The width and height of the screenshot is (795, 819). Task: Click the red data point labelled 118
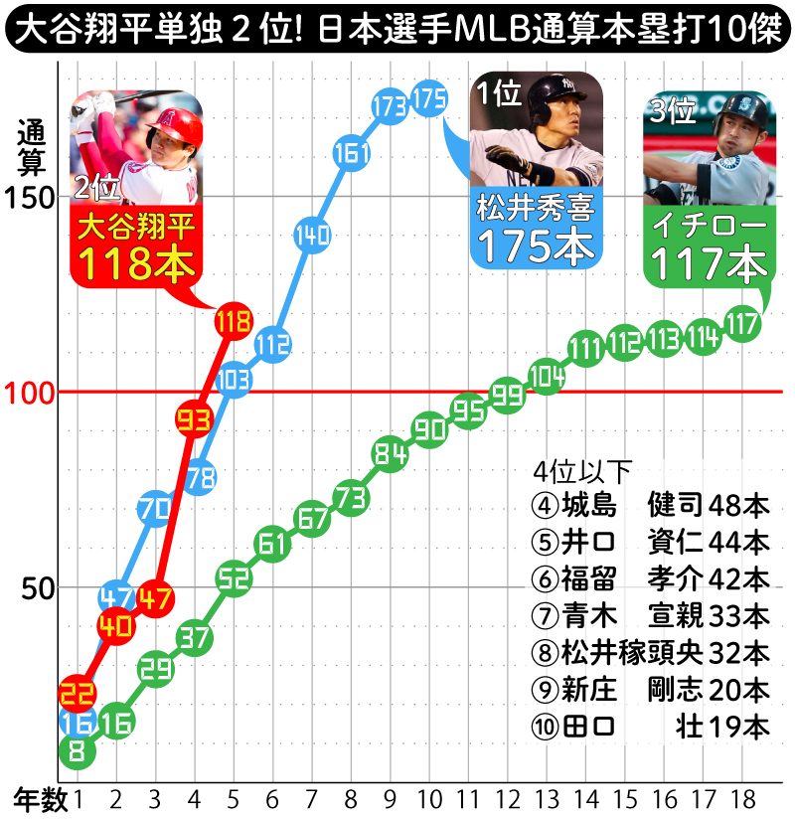tap(233, 321)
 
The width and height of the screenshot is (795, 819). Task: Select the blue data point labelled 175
tap(428, 99)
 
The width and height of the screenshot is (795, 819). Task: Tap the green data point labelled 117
tap(741, 324)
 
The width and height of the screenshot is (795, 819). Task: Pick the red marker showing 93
tap(194, 418)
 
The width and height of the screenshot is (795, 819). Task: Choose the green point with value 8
tap(78, 751)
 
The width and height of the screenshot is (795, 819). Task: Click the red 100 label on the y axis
tap(32, 392)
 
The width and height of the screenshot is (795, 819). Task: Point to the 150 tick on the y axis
tap(32, 197)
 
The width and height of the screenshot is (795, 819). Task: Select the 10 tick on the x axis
tap(428, 798)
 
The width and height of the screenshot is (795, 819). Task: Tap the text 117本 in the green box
tap(709, 264)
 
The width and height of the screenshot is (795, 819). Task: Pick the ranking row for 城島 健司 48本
tap(651, 505)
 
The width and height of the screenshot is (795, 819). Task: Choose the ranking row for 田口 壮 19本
tap(651, 727)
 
